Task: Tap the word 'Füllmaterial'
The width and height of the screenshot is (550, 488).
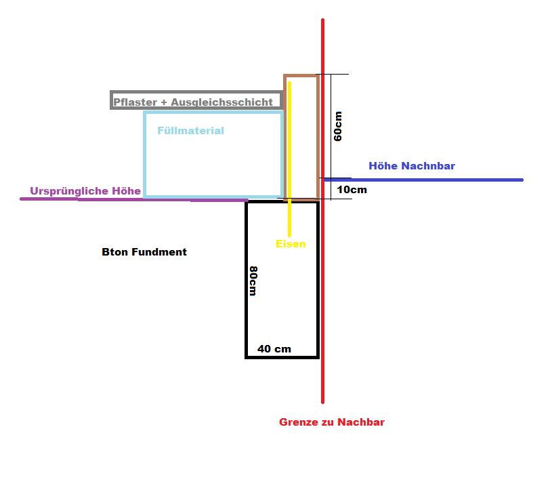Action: (x=190, y=131)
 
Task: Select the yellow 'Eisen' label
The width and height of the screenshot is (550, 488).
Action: (x=291, y=244)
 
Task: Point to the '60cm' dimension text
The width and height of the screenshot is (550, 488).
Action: (x=338, y=126)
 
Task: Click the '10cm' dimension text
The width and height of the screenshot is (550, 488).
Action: (x=352, y=190)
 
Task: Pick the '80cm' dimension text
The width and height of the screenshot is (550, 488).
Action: (x=253, y=281)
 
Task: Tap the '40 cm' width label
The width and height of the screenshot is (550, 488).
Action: (x=274, y=349)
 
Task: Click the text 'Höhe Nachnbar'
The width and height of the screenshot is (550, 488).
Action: (x=412, y=166)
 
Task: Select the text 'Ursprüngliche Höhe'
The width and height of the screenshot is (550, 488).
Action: (x=85, y=191)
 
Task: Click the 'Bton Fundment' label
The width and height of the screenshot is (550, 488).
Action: (x=144, y=252)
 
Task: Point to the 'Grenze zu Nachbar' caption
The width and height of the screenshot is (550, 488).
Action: (x=332, y=422)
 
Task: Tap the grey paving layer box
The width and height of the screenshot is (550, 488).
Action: (x=111, y=100)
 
